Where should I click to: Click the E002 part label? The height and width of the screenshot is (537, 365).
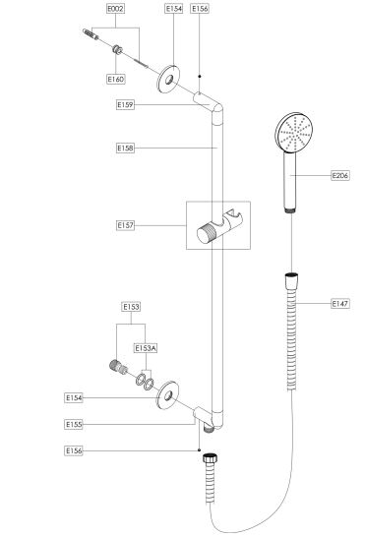click(x=115, y=9)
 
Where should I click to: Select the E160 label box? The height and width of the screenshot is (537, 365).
click(x=115, y=79)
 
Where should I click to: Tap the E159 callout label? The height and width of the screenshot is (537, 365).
click(x=125, y=105)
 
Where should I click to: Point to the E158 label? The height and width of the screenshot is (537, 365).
click(x=125, y=148)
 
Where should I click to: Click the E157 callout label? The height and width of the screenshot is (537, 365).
click(x=125, y=225)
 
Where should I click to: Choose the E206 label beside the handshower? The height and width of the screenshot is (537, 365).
click(x=340, y=176)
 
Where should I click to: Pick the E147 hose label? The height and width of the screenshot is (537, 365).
click(x=340, y=304)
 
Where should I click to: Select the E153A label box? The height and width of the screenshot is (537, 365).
click(x=146, y=348)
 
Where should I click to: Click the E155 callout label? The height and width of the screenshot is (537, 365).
click(x=74, y=425)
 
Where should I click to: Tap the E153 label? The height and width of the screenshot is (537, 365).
click(x=131, y=307)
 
